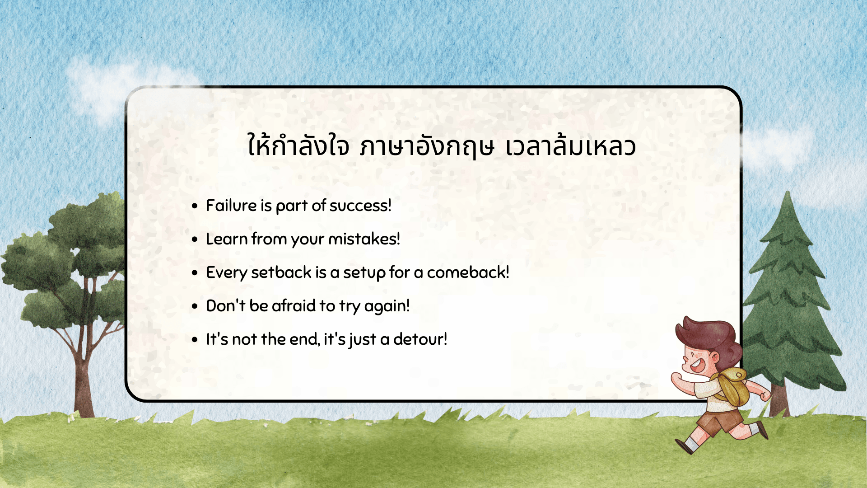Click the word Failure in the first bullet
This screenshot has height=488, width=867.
231,206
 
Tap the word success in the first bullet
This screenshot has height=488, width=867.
360,206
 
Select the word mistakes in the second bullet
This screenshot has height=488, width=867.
364,239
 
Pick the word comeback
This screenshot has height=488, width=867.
468,272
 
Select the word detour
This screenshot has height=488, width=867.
420,339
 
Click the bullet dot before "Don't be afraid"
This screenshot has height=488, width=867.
195,306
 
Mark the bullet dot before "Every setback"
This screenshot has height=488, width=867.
195,273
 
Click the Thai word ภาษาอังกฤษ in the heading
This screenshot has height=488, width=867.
427,147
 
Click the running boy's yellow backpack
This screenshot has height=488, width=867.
732,386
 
